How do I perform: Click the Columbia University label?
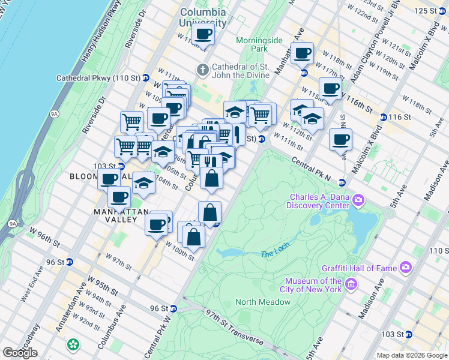[202, 17]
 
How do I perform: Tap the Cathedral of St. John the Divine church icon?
[203, 70]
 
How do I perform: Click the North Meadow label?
[263, 302]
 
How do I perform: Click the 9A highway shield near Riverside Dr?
[55, 112]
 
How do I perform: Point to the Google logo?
[20, 353]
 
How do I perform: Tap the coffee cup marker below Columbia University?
[203, 35]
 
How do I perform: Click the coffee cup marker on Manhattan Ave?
[303, 53]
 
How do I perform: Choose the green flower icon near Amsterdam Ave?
[73, 345]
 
